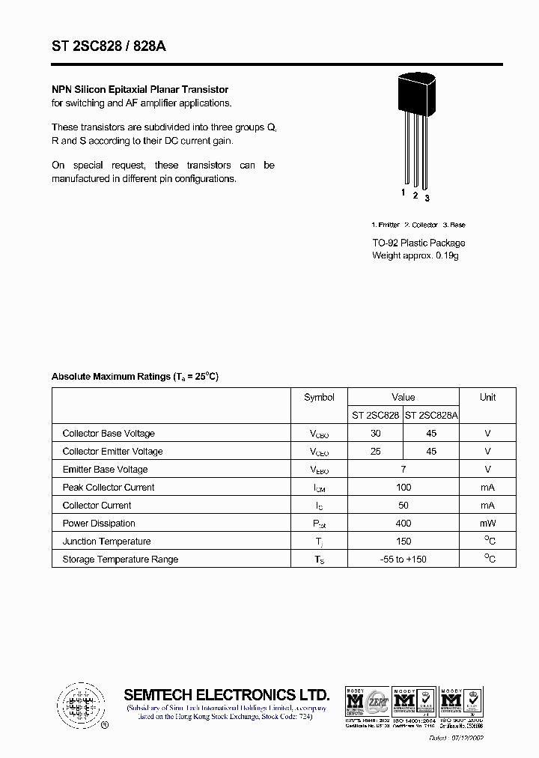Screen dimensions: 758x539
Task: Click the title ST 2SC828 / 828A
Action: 109,46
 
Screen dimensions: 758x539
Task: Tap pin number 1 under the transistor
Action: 403,192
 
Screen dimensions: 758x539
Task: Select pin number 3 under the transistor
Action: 427,198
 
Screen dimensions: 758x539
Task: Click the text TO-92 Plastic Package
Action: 418,243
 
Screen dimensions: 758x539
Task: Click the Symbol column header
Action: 319,398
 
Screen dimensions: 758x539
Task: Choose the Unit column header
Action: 487,398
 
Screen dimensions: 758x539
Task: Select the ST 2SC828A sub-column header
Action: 431,415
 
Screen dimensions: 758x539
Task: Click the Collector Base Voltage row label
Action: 109,434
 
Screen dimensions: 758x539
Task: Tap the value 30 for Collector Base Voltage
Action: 376,434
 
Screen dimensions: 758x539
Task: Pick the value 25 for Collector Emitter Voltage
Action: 376,452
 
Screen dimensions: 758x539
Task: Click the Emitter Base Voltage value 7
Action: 404,470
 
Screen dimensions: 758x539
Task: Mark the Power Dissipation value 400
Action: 404,524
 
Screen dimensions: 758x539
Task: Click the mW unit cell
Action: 487,524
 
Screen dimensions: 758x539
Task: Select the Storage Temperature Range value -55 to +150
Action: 404,560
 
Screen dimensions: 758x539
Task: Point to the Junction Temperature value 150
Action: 404,542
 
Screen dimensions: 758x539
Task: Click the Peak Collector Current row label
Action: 109,488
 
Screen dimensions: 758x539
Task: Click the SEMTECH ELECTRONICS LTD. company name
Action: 226,694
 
